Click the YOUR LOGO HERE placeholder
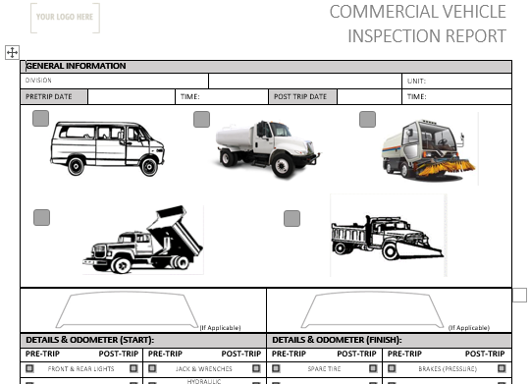[65, 17]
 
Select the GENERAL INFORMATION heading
[77, 66]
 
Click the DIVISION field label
[39, 81]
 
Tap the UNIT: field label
[416, 81]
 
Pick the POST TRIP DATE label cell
[303, 96]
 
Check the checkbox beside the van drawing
[40, 119]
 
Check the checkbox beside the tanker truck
[201, 120]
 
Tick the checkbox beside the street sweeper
[367, 120]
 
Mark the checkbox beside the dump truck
[41, 217]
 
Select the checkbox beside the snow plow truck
[291, 217]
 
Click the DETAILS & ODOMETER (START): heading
[89, 340]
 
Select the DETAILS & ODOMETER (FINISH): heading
[338, 340]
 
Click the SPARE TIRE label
[323, 368]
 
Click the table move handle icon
[12, 51]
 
